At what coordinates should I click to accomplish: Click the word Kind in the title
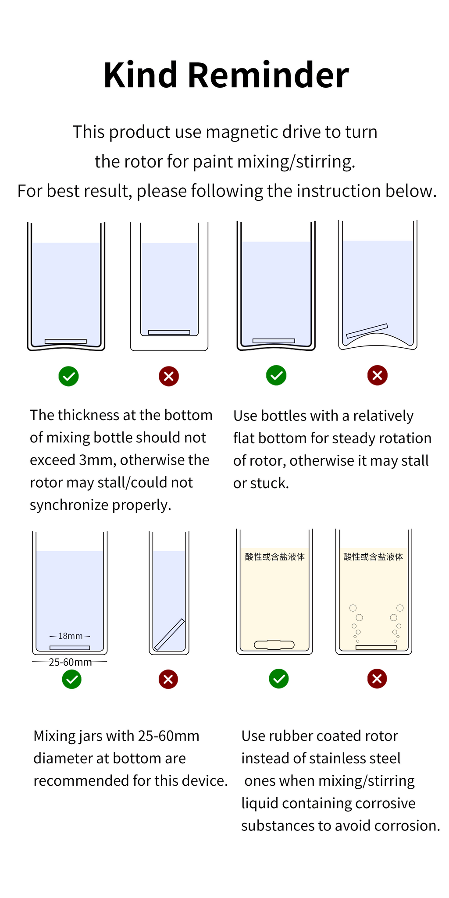[140, 75]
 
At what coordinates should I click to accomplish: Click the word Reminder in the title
[268, 75]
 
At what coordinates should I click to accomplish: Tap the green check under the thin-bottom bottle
[68, 376]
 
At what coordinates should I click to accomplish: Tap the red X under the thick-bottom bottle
[169, 376]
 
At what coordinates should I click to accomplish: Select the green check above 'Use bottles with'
[276, 375]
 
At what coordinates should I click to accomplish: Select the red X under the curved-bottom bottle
[378, 375]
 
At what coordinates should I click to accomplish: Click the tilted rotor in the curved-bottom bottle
[367, 331]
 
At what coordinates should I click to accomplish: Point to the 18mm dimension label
[70, 636]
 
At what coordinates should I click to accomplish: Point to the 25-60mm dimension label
[70, 662]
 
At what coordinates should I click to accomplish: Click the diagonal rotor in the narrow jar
[169, 634]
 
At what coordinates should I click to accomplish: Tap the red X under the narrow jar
[168, 679]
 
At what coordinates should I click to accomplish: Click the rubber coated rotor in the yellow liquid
[274, 645]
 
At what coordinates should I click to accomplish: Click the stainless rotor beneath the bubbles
[376, 647]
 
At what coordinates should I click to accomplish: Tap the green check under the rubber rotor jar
[279, 679]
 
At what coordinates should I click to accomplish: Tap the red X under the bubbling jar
[377, 679]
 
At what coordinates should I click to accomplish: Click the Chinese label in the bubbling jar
[373, 557]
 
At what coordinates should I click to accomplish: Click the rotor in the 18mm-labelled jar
[70, 648]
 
